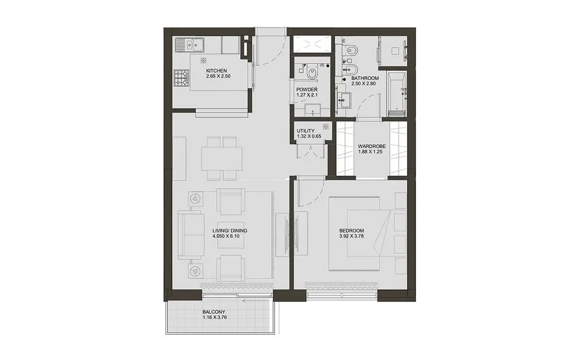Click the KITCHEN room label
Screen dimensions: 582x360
(x=216, y=71)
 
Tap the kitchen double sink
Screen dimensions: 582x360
(x=190, y=46)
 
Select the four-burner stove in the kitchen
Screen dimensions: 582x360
(x=181, y=78)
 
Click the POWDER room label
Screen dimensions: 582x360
(x=307, y=90)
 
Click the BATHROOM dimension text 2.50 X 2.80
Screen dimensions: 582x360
(x=363, y=84)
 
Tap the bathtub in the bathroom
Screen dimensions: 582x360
(x=397, y=94)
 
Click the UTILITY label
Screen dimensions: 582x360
(x=306, y=131)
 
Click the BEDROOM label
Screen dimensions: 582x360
(x=352, y=230)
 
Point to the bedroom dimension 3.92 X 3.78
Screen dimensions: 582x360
(x=352, y=236)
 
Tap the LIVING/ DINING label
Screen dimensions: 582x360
(x=230, y=230)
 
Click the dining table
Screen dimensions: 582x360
(x=222, y=159)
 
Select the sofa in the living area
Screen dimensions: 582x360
(x=191, y=235)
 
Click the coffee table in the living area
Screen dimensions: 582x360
(x=231, y=235)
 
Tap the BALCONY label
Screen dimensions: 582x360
(x=214, y=312)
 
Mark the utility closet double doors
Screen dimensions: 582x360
(x=311, y=151)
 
